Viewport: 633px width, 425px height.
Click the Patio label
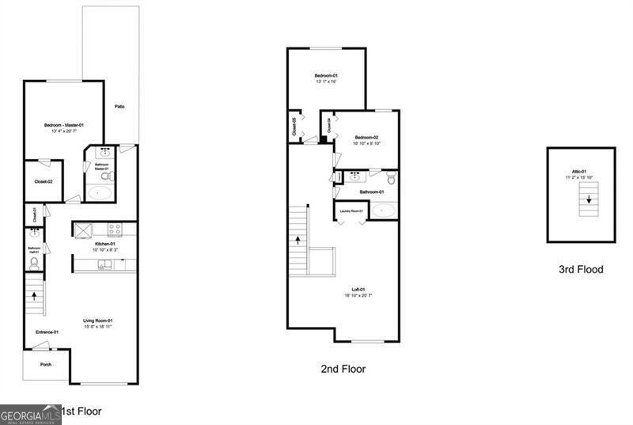119,107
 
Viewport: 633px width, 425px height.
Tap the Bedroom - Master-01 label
63,125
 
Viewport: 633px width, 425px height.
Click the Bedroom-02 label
367,138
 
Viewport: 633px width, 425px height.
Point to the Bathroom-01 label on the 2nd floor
371,192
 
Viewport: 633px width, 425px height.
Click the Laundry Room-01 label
351,211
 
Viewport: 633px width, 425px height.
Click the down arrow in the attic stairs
587,200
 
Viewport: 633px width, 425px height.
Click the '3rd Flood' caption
581,270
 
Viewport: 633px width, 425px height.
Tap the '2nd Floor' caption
343,369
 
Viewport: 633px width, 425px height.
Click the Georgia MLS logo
30,414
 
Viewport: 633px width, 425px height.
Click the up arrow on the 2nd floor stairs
298,238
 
